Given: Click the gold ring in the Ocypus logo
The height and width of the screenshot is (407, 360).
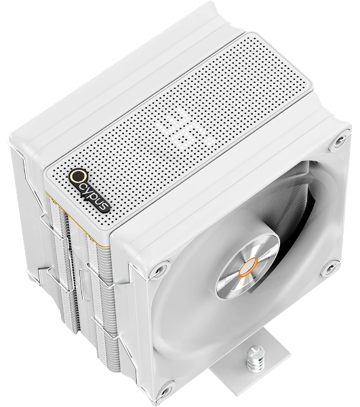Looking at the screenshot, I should click(77, 178).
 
